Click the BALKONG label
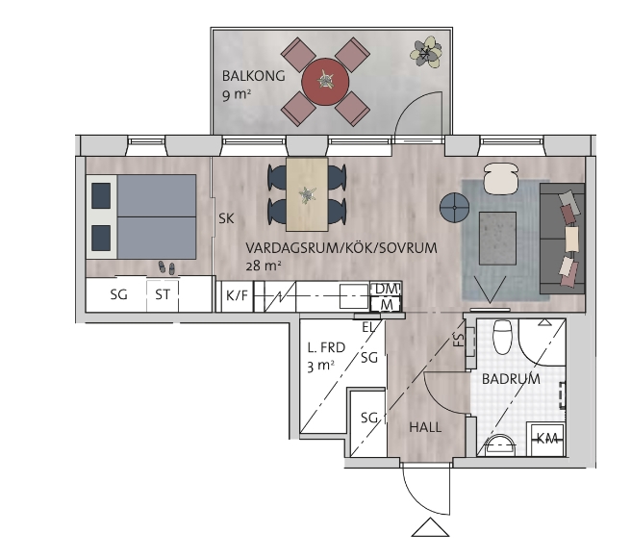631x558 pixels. [x=254, y=76]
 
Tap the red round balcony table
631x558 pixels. [x=325, y=82]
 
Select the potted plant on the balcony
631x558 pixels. [x=425, y=52]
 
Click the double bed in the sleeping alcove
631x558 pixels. [x=141, y=216]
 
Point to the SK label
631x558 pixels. [x=226, y=218]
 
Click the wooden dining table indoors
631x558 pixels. [x=307, y=194]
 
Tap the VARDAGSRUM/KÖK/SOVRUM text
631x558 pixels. [x=341, y=248]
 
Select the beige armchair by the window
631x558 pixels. [x=500, y=178]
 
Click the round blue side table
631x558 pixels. [x=454, y=208]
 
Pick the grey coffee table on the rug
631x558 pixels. [x=497, y=239]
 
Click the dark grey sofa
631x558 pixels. [x=562, y=239]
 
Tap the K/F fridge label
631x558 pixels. [x=237, y=296]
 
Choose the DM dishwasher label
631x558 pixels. [x=386, y=289]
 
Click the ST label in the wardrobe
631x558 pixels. [x=163, y=295]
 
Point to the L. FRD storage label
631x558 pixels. [x=326, y=347]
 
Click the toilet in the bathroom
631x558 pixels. [x=502, y=337]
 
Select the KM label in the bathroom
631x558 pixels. [x=547, y=439]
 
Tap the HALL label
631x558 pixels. [x=425, y=427]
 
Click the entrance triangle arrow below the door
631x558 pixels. [x=430, y=527]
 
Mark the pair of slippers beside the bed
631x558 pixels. [x=166, y=267]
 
